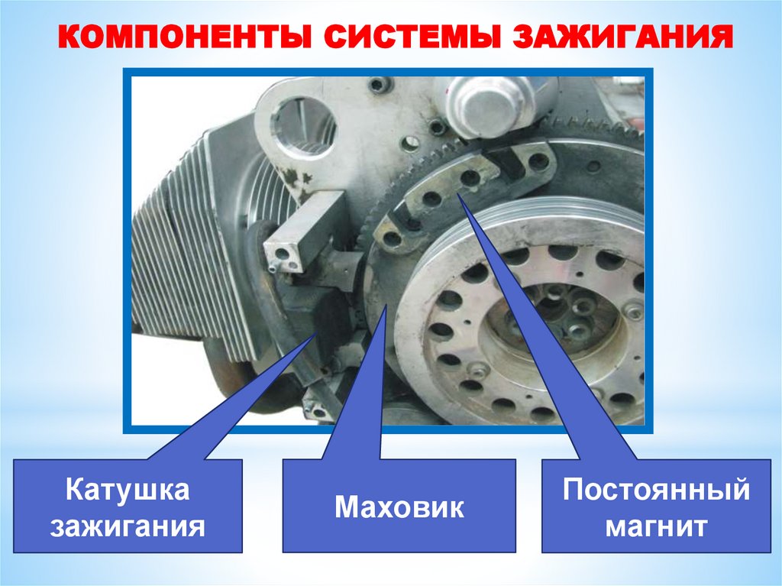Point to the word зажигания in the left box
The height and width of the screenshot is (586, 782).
(128, 526)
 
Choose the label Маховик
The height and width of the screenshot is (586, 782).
(399, 507)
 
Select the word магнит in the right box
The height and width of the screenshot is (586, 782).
(656, 526)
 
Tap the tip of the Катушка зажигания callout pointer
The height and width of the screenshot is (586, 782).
(315, 333)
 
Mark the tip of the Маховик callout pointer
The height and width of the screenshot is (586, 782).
(386, 306)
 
